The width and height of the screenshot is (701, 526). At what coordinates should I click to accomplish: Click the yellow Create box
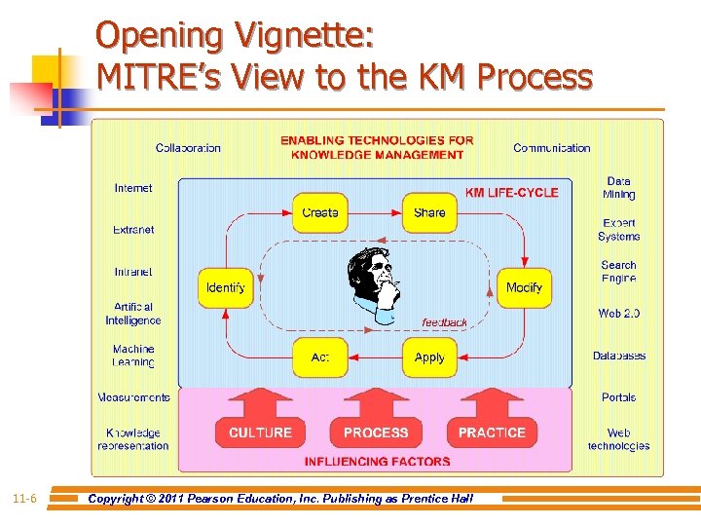coord(320,212)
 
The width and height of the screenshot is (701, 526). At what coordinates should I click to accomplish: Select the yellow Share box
coord(429,212)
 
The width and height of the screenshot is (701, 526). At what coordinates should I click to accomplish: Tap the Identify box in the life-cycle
coord(226,288)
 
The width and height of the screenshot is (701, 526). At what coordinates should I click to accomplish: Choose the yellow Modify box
coord(524,288)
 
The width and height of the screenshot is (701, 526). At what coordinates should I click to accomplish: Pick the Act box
coord(320,357)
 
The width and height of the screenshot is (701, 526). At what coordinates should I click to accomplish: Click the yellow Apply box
coord(429,357)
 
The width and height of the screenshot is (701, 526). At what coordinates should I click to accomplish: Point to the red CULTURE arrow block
coord(260,425)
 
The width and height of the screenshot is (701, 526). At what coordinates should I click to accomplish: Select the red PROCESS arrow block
coord(376,425)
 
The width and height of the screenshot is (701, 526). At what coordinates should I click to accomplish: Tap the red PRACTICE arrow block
coord(492,425)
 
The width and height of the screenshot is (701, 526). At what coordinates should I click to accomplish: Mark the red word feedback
coord(444,322)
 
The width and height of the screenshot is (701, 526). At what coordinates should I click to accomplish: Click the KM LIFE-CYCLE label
coord(511,193)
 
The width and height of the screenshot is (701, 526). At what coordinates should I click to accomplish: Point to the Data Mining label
coord(618,188)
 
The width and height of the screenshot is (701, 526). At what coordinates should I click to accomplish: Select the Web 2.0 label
coord(618,314)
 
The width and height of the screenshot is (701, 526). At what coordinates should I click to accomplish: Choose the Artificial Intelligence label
coord(133,314)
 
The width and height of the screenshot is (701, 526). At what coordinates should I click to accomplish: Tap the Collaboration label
coord(188,148)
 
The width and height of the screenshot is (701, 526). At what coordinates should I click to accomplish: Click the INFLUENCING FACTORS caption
coord(377,462)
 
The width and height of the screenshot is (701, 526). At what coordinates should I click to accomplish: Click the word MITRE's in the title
coord(157,75)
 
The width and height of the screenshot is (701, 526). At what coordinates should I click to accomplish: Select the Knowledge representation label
coord(133,439)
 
